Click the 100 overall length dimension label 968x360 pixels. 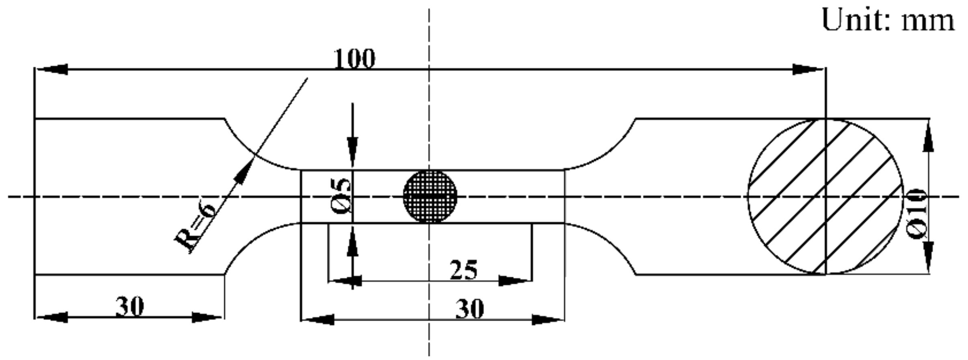[354, 59]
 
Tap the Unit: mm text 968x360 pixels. [888, 21]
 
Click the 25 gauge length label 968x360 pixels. [463, 270]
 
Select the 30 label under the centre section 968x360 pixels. [469, 309]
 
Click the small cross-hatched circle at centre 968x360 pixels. [430, 196]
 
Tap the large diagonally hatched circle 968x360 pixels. [825, 197]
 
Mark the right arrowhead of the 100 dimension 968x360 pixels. [808, 69]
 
